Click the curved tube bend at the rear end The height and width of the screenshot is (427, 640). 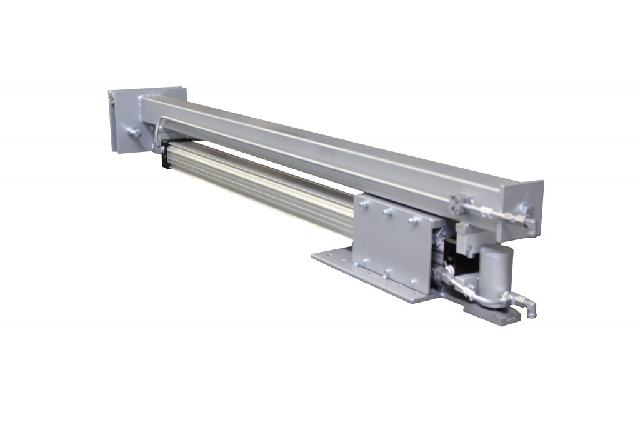pos(158,125)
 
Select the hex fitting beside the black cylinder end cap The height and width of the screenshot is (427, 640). pos(154,148)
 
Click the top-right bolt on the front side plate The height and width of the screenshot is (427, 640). pos(412,219)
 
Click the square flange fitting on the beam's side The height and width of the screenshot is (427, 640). pos(459,201)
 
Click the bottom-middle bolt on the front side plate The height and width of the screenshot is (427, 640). pos(389,273)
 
